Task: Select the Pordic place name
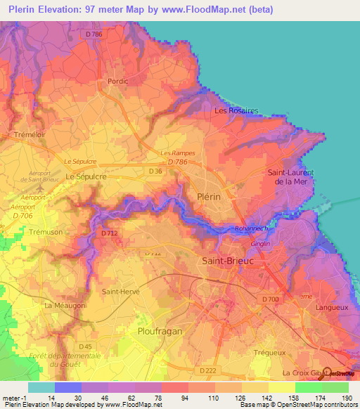(x=117, y=81)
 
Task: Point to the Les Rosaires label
(x=236, y=111)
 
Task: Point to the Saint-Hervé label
(x=121, y=292)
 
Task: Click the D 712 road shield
(x=109, y=233)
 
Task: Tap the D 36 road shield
(x=156, y=170)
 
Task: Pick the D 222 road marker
(x=207, y=370)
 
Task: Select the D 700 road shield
(x=270, y=300)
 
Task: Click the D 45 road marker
(x=85, y=346)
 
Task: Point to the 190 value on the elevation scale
(x=345, y=398)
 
